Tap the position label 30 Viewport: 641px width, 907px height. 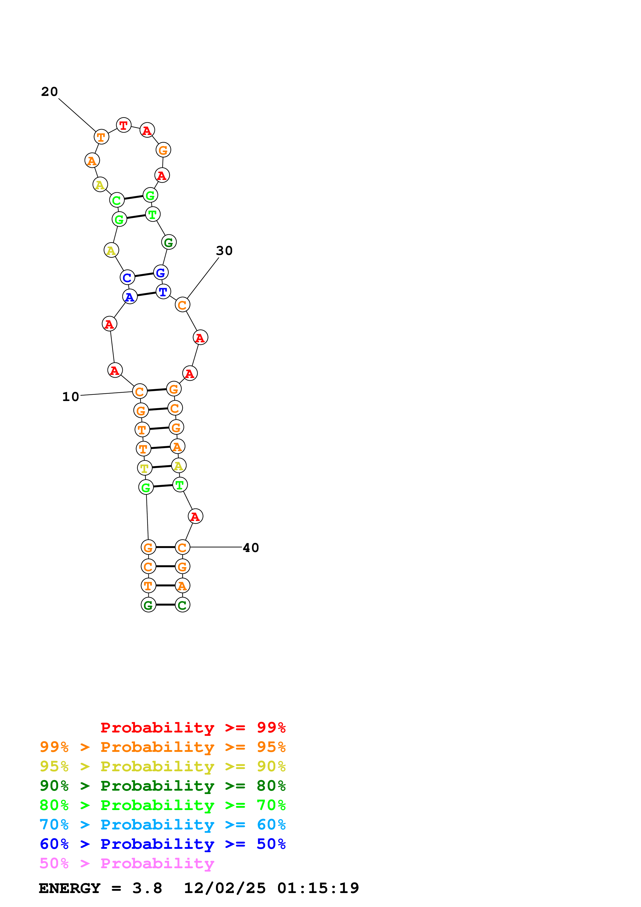tap(224, 251)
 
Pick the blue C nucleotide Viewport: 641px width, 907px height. tap(127, 278)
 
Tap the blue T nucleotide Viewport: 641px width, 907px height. tap(163, 292)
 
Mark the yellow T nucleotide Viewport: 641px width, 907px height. tap(145, 468)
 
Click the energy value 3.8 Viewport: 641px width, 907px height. tap(147, 888)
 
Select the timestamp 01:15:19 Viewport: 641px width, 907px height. tap(318, 888)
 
